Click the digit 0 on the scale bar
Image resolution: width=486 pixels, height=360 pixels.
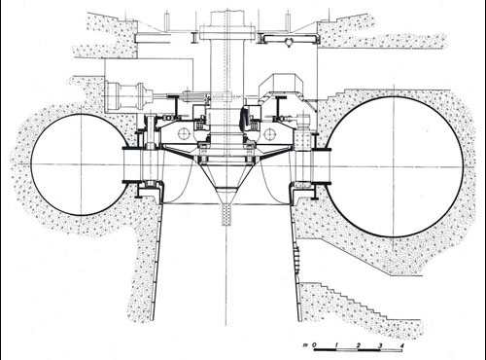click(314, 344)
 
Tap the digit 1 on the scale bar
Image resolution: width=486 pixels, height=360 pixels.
click(337, 344)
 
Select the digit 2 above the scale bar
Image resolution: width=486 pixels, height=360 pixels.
click(359, 345)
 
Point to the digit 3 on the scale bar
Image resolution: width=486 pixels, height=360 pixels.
click(380, 345)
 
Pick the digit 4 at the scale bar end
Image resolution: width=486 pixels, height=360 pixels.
click(402, 345)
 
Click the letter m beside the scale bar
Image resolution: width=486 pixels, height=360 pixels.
click(305, 345)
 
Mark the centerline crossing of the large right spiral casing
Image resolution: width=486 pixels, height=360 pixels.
click(395, 167)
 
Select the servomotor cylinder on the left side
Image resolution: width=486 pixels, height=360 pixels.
click(129, 96)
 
